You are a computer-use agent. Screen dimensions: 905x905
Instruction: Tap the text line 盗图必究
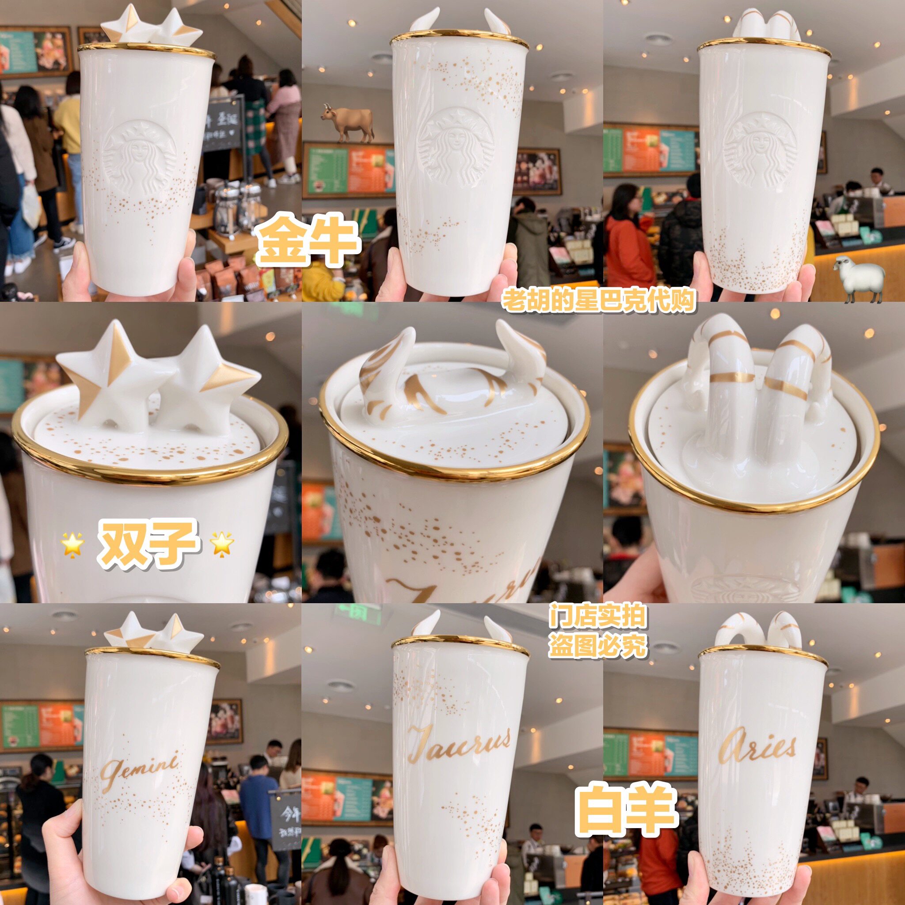598,646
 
